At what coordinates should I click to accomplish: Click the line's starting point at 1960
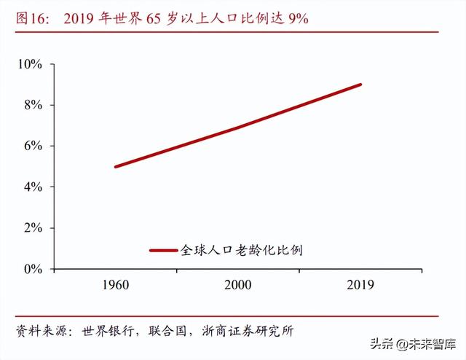(x=115, y=167)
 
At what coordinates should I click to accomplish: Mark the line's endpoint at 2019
(x=360, y=85)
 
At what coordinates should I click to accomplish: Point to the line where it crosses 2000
(x=237, y=127)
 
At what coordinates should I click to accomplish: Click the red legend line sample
(x=164, y=250)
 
